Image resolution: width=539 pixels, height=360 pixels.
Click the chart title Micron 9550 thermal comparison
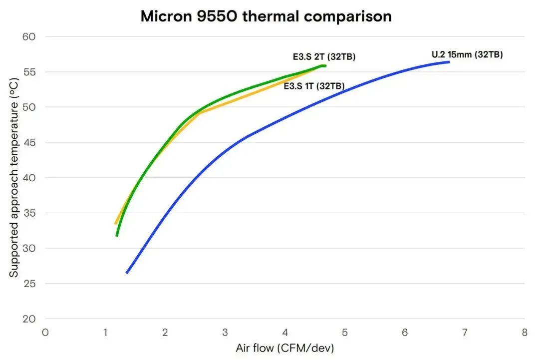pyautogui.click(x=266, y=16)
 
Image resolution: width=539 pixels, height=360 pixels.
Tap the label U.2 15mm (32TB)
pyautogui.click(x=467, y=55)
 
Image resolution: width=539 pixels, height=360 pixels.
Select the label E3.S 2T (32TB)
pyautogui.click(x=324, y=57)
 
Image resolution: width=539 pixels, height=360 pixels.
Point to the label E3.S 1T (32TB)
pyautogui.click(x=314, y=86)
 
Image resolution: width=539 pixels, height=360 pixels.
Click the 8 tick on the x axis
pyautogui.click(x=525, y=333)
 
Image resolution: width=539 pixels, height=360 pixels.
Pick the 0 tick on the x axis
pyautogui.click(x=45, y=333)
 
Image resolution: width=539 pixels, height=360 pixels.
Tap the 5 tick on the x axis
pyautogui.click(x=345, y=333)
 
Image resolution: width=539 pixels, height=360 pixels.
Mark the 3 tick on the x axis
pyautogui.click(x=225, y=333)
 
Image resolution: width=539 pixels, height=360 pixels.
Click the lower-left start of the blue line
pyautogui.click(x=127, y=273)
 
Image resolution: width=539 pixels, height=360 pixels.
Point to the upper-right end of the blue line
pyautogui.click(x=449, y=62)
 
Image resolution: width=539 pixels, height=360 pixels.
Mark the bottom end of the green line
pyautogui.click(x=117, y=235)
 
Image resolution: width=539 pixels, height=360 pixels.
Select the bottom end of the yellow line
pyautogui.click(x=115, y=224)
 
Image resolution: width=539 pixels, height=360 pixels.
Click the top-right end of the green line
pyautogui.click(x=325, y=66)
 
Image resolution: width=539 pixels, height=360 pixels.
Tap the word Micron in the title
pyautogui.click(x=163, y=16)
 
